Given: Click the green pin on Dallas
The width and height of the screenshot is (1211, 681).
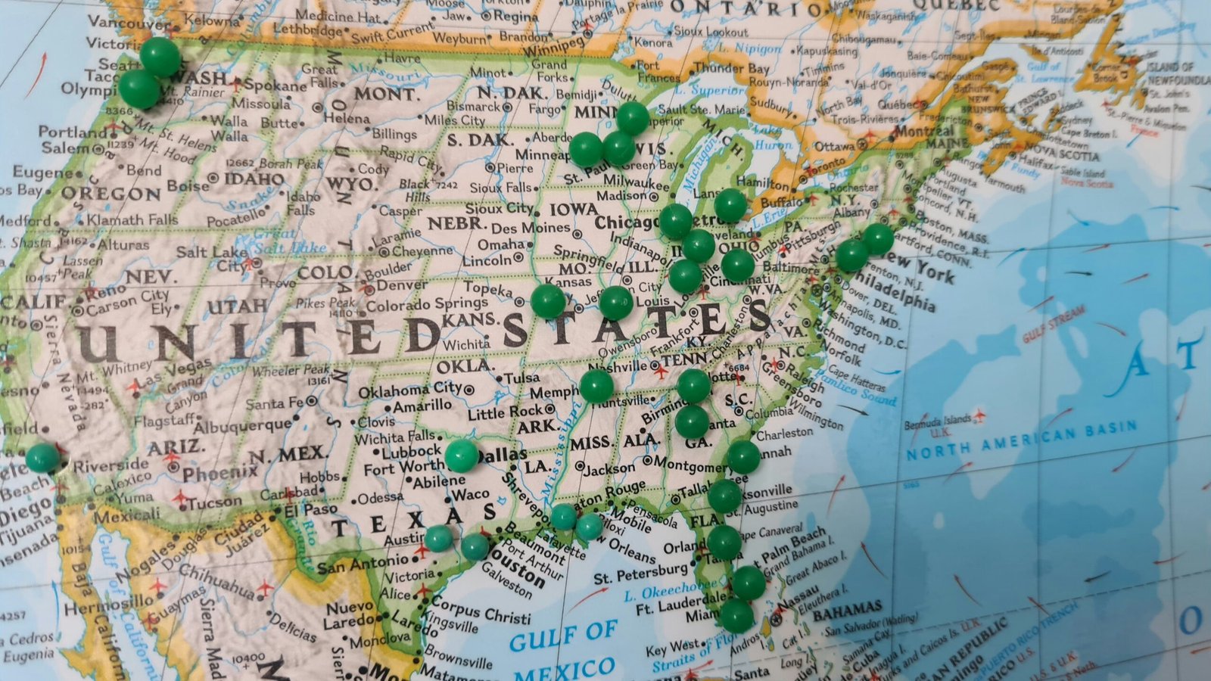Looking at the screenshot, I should (x=461, y=456).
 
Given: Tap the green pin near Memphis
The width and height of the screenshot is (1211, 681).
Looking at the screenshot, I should (x=596, y=386).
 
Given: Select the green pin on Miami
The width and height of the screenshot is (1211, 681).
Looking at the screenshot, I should (x=736, y=615).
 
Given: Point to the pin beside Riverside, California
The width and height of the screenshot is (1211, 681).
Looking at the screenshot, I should (x=42, y=458).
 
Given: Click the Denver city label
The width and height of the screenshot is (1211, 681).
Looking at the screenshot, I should (x=402, y=286).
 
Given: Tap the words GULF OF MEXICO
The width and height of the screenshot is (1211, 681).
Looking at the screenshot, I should (x=564, y=650).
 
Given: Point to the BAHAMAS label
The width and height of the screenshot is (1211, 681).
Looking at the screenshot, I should (x=847, y=610).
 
